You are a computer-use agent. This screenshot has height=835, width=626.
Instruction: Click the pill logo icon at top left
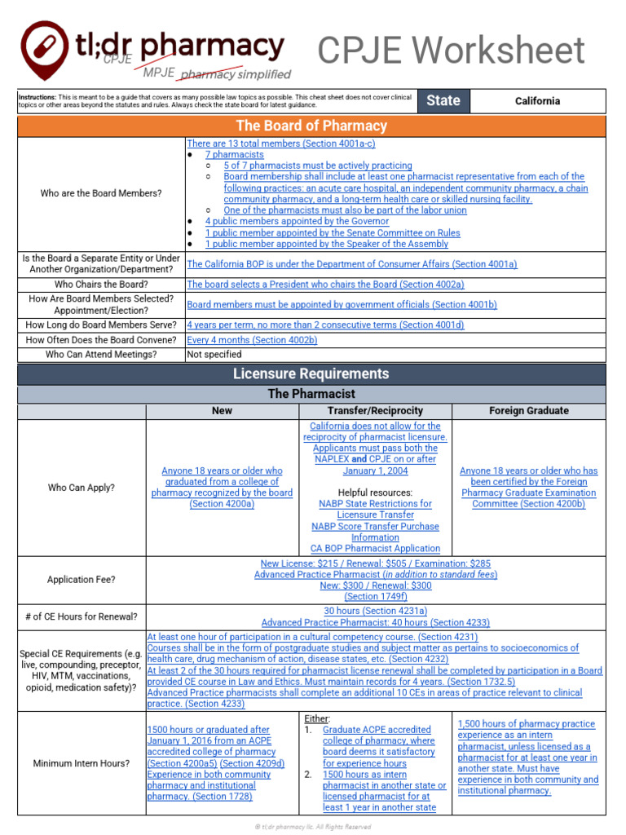pyautogui.click(x=46, y=47)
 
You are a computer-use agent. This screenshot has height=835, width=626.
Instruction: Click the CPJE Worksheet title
pyautogui.click(x=451, y=51)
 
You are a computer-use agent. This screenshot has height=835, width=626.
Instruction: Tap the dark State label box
pyautogui.click(x=443, y=101)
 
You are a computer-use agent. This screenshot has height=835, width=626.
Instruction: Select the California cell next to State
pyautogui.click(x=537, y=101)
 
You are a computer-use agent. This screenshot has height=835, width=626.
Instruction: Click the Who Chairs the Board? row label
pyautogui.click(x=101, y=285)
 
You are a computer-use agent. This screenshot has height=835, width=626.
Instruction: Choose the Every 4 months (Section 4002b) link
pyautogui.click(x=252, y=340)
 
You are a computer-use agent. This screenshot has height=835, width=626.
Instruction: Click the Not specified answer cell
pyautogui.click(x=214, y=355)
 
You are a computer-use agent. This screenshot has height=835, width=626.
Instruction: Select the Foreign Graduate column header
pyautogui.click(x=529, y=411)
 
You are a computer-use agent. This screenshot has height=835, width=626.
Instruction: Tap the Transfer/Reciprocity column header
pyautogui.click(x=375, y=411)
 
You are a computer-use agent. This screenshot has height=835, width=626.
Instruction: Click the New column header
pyautogui.click(x=222, y=411)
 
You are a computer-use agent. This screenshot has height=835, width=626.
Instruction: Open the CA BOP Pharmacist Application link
pyautogui.click(x=375, y=549)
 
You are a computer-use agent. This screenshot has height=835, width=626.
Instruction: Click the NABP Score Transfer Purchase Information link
pyautogui.click(x=375, y=532)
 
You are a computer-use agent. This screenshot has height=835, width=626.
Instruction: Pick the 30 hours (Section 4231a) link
pyautogui.click(x=375, y=611)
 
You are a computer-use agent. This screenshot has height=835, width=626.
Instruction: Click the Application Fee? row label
pyautogui.click(x=82, y=580)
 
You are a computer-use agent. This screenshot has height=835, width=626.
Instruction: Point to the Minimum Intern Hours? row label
pyautogui.click(x=82, y=763)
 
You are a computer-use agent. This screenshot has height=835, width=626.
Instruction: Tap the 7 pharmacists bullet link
pyautogui.click(x=234, y=154)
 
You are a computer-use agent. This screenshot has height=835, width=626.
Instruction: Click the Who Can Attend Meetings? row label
pyautogui.click(x=101, y=355)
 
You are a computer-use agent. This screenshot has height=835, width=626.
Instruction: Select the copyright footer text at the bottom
pyautogui.click(x=313, y=826)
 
